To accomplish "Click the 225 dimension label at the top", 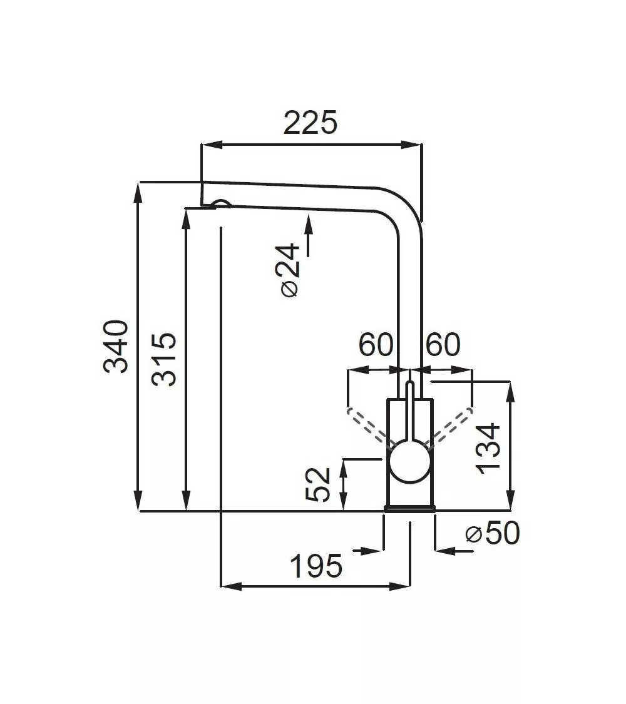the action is tap(310, 122).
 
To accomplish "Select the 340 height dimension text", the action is tap(116, 346).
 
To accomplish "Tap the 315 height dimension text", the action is tap(164, 359).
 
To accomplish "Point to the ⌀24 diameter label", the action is tap(290, 270).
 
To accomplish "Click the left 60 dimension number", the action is tap(376, 344).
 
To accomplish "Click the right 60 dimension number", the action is tap(443, 344).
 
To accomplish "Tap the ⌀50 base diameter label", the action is tap(492, 533).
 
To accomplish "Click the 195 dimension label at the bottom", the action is tap(316, 566).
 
